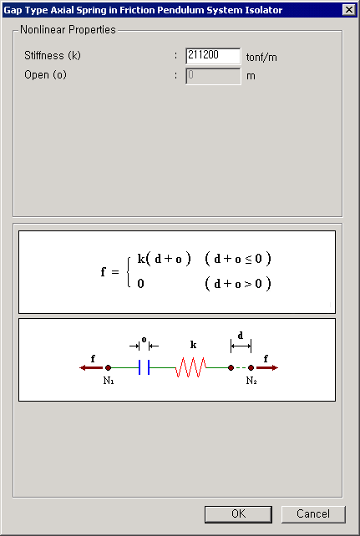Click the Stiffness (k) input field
pyautogui.click(x=213, y=56)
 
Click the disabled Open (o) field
pyautogui.click(x=213, y=76)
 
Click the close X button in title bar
pyautogui.click(x=348, y=10)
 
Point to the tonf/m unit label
pyautogui.click(x=261, y=58)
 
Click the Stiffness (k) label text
pyautogui.click(x=53, y=55)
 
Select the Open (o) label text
pyautogui.click(x=45, y=75)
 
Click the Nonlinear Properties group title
pyautogui.click(x=68, y=30)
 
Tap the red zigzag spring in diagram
pyautogui.click(x=191, y=367)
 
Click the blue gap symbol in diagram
pyautogui.click(x=144, y=367)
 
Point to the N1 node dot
pyautogui.click(x=108, y=367)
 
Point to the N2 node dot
pyautogui.click(x=251, y=367)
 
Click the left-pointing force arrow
pyautogui.click(x=91, y=368)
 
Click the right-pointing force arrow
pyautogui.click(x=267, y=368)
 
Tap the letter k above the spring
pyautogui.click(x=193, y=345)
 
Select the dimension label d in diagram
pyautogui.click(x=241, y=336)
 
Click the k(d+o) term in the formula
pyautogui.click(x=164, y=260)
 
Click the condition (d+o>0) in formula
pyautogui.click(x=238, y=284)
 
